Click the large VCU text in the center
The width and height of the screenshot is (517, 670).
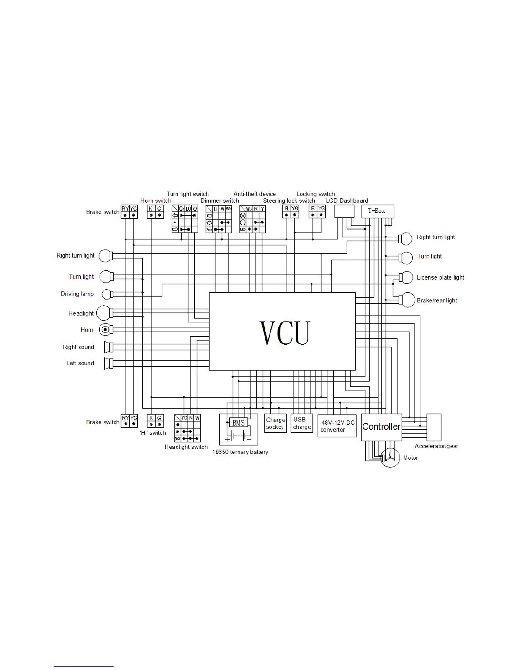pyautogui.click(x=285, y=333)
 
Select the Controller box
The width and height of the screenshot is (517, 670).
pyautogui.click(x=381, y=427)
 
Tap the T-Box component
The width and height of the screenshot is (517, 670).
pyautogui.click(x=377, y=211)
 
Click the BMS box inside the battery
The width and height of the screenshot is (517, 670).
pyautogui.click(x=238, y=423)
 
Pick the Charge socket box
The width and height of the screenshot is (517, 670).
pyautogui.click(x=276, y=423)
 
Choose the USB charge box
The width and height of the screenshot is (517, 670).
pyautogui.click(x=302, y=423)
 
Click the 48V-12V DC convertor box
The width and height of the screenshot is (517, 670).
pyautogui.click(x=337, y=426)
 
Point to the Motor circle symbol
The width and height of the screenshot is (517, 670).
pyautogui.click(x=390, y=458)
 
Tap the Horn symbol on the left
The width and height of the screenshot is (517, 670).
pyautogui.click(x=105, y=330)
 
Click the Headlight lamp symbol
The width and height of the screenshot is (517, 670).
pyautogui.click(x=104, y=313)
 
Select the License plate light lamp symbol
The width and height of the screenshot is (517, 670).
pyautogui.click(x=406, y=277)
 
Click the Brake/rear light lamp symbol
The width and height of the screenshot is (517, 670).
pyautogui.click(x=407, y=300)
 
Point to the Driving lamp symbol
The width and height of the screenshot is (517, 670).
pyautogui.click(x=108, y=294)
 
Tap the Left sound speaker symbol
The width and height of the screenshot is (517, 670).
pyautogui.click(x=109, y=363)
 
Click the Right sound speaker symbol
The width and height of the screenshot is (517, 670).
pyautogui.click(x=109, y=347)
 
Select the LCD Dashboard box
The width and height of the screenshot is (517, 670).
pyautogui.click(x=344, y=211)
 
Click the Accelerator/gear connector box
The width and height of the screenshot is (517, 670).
pyautogui.click(x=434, y=427)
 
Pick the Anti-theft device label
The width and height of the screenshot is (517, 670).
pyautogui.click(x=255, y=194)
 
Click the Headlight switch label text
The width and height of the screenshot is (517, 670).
pyautogui.click(x=186, y=447)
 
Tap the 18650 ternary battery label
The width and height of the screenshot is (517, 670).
pyautogui.click(x=240, y=452)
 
